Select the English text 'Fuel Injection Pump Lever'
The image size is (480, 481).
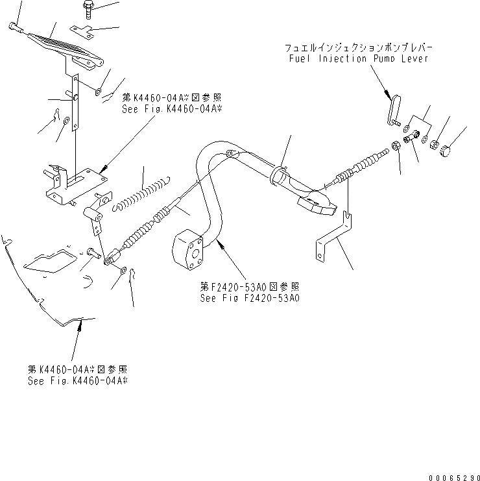click(x=357, y=59)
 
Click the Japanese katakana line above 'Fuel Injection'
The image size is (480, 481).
click(x=359, y=49)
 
